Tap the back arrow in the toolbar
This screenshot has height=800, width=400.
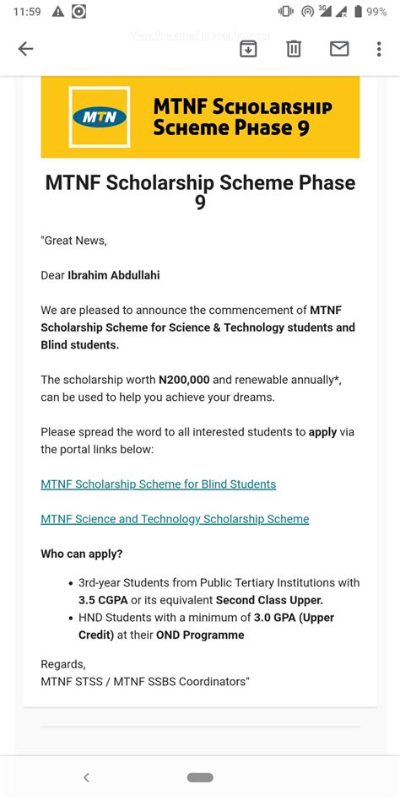click(25, 49)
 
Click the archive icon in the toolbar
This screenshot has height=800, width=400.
click(248, 49)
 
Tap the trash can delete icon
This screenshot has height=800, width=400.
click(294, 49)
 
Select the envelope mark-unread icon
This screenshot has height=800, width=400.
click(339, 49)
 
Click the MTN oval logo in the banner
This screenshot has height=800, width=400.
click(100, 117)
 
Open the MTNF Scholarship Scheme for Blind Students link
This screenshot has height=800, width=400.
click(158, 484)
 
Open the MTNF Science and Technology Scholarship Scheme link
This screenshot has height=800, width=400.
click(175, 519)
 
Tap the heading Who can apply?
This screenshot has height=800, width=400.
click(82, 554)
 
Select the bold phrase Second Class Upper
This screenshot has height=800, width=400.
click(269, 600)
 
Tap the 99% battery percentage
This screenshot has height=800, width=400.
click(376, 11)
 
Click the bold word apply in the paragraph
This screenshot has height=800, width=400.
click(322, 432)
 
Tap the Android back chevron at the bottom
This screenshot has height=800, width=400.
click(86, 777)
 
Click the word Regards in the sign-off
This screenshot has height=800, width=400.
click(62, 664)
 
